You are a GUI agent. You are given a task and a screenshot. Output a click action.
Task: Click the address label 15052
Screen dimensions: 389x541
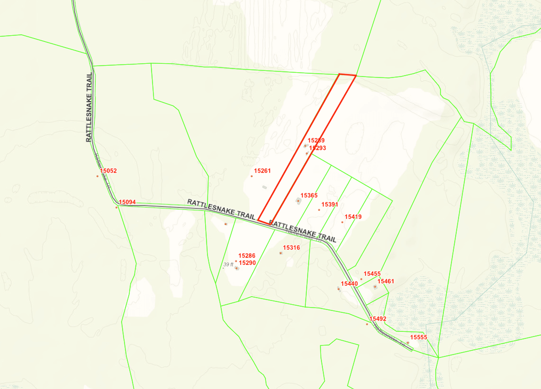click(108, 171)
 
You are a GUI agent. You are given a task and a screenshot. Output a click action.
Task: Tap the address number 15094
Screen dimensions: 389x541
click(127, 202)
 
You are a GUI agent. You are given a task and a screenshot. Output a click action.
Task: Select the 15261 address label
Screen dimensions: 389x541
click(262, 171)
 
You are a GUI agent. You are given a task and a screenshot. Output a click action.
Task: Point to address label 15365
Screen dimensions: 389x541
click(309, 195)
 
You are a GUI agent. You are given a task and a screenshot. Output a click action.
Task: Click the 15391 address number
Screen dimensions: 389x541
click(329, 204)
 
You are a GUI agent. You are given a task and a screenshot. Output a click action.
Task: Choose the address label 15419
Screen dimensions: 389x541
click(353, 217)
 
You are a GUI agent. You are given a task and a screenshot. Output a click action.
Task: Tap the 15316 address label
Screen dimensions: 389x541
click(291, 247)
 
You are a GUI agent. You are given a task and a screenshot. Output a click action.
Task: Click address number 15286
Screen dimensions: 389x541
click(247, 256)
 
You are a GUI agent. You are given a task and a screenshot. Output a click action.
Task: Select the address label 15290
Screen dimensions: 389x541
click(247, 263)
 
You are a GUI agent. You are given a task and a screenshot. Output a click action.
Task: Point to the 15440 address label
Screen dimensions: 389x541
click(349, 284)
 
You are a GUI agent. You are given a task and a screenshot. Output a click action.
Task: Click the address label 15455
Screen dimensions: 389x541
click(372, 274)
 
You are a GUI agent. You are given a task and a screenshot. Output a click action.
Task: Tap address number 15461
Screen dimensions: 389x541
click(386, 281)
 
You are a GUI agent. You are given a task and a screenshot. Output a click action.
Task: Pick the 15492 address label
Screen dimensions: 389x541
click(378, 319)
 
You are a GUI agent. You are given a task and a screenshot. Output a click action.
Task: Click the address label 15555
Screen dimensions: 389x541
click(419, 337)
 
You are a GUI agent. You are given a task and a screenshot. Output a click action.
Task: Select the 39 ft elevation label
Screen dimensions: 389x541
click(228, 265)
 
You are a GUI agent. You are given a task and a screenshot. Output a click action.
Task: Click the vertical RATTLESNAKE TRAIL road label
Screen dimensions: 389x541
click(89, 107)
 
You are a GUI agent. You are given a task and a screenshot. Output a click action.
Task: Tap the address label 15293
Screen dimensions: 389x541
click(317, 148)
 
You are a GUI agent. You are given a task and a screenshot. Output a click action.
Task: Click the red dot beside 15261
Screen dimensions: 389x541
click(252, 176)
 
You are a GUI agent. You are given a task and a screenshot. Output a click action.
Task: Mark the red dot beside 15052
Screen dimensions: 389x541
click(97, 176)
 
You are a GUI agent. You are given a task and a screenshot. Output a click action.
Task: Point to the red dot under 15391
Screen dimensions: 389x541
click(319, 210)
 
